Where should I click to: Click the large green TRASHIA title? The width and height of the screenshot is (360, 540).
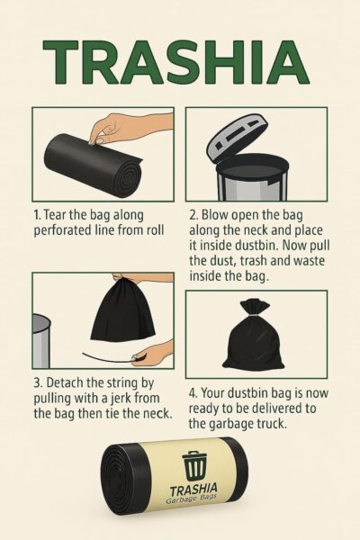pyautogui.click(x=175, y=62)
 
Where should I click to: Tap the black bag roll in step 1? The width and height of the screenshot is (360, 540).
pyautogui.click(x=93, y=165)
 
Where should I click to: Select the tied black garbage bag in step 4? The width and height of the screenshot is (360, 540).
pyautogui.click(x=253, y=336)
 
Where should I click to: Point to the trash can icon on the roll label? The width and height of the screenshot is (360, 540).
pyautogui.click(x=195, y=465)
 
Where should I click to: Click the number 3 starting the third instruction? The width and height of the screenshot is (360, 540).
pyautogui.click(x=37, y=382)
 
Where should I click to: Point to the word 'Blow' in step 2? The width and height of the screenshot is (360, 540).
pyautogui.click(x=214, y=215)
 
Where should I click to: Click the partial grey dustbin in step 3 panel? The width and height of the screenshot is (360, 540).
pyautogui.click(x=41, y=341)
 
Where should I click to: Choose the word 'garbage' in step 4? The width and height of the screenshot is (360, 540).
pyautogui.click(x=226, y=424)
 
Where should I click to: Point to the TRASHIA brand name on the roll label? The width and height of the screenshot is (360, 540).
pyautogui.click(x=193, y=489)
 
